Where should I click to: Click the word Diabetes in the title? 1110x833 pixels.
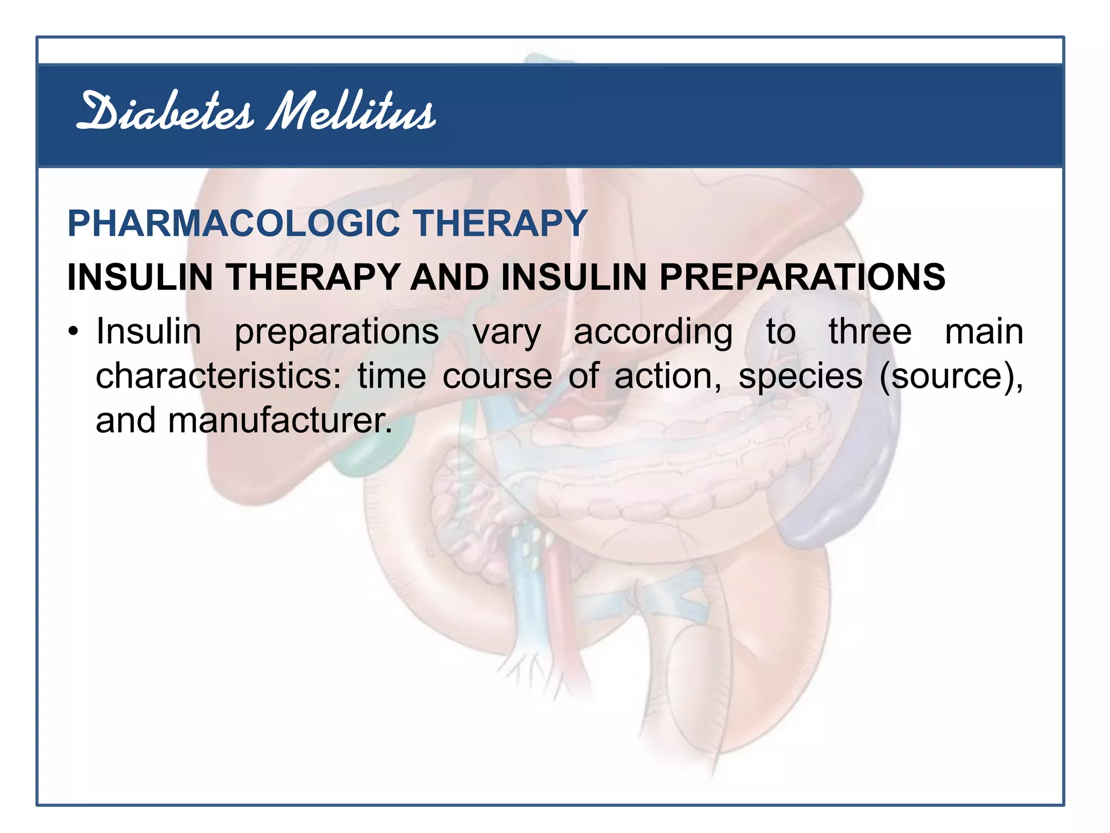[x=165, y=113]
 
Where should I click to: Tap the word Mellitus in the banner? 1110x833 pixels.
[x=351, y=113]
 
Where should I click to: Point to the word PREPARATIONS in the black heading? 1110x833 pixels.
[x=802, y=277]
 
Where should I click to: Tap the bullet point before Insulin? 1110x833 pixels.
[x=74, y=331]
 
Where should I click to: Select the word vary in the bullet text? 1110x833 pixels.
[x=507, y=332]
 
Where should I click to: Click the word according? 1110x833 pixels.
[x=653, y=332]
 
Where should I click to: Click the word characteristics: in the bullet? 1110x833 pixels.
[x=218, y=376]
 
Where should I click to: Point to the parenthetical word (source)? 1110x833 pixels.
[x=951, y=376]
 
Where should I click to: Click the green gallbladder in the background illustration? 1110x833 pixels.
[x=369, y=450]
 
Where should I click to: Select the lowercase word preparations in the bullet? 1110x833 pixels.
[x=337, y=332]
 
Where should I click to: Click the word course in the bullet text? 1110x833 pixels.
[x=497, y=376]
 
